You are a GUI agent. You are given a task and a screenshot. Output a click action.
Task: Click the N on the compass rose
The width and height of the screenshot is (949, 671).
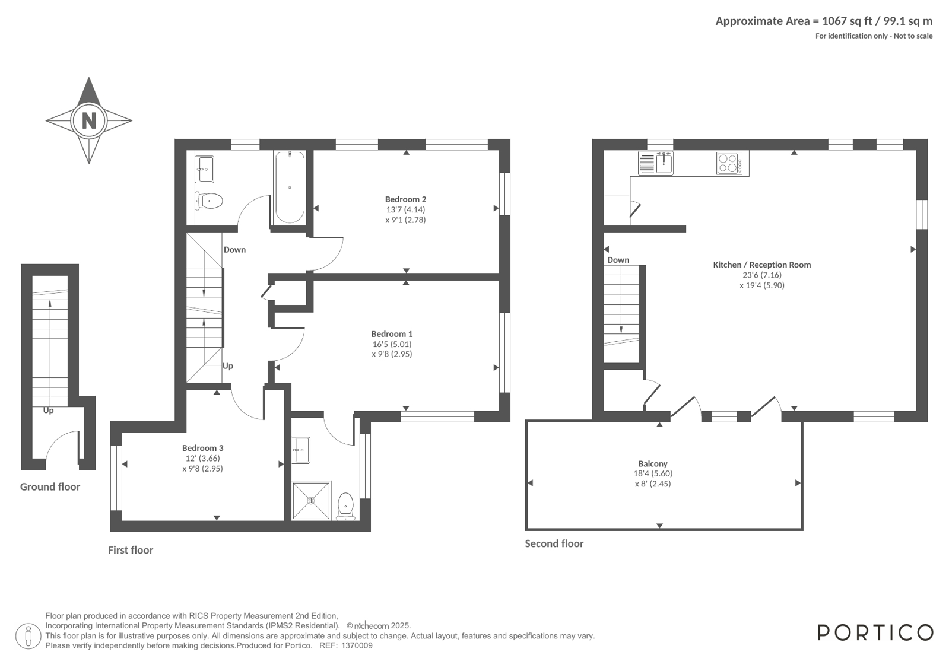coord(89,120)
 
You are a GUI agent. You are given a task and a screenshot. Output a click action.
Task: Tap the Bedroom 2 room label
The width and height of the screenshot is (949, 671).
coord(405,199)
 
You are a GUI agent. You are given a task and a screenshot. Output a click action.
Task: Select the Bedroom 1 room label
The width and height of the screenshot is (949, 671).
coord(392,334)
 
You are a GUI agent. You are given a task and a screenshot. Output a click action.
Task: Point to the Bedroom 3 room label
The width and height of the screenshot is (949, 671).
coord(202,448)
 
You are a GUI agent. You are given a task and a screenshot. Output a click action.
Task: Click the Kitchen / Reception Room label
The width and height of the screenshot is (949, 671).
coord(761,265)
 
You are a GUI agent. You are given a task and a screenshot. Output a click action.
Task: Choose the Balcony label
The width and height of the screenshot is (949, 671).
coord(653,463)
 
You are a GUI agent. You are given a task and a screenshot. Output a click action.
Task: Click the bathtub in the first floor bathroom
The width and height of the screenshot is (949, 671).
coord(290,187)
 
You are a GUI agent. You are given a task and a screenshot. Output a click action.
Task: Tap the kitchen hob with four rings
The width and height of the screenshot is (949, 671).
coord(729,164)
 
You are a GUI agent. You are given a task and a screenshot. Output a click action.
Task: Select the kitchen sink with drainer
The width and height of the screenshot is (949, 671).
coord(655,164)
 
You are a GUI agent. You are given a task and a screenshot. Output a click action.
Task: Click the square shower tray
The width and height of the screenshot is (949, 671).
coord(312,500)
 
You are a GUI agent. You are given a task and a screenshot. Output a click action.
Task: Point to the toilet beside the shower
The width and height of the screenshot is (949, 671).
coord(345,506)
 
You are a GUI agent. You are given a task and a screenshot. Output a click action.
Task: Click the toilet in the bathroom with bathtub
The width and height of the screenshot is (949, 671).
coord(209,201)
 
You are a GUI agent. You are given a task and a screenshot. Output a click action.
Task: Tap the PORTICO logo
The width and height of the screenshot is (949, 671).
coord(875,632)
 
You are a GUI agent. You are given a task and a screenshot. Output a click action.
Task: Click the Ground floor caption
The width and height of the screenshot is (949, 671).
coord(50,486)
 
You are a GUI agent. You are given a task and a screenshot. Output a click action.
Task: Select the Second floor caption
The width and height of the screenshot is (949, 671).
coord(554,543)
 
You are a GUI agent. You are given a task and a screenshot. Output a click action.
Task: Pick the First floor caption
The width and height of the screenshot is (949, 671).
coord(131,550)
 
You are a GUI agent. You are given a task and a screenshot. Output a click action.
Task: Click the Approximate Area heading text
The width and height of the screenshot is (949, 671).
coord(824,21)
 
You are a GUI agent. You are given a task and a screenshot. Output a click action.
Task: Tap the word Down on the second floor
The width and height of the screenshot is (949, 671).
coord(618,260)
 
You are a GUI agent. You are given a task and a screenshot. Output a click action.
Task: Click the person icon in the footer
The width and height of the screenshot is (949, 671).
coord(28,636)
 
